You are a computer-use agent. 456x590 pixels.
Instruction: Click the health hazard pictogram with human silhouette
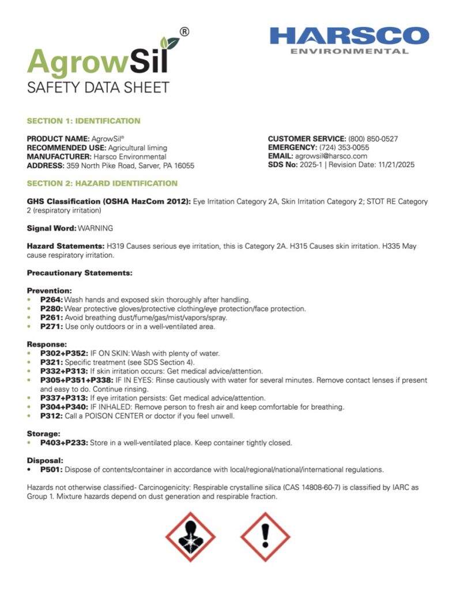coord(190,537)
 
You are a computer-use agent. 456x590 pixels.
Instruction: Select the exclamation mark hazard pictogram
coord(265,537)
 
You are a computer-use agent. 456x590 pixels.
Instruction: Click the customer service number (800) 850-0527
coord(373,139)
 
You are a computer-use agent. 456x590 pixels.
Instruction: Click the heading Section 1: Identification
coord(84,121)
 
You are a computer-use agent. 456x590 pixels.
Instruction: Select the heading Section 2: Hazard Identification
coord(102,183)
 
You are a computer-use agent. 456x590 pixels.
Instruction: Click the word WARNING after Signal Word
coord(95,228)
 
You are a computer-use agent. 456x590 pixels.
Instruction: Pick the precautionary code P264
coord(51,300)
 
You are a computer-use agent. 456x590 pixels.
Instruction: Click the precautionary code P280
coord(51,309)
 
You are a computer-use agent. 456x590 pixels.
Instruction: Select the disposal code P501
coord(50,469)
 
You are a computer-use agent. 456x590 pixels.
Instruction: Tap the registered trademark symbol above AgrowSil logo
coord(184,32)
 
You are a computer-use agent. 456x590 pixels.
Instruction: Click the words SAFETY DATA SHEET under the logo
coord(99,88)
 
